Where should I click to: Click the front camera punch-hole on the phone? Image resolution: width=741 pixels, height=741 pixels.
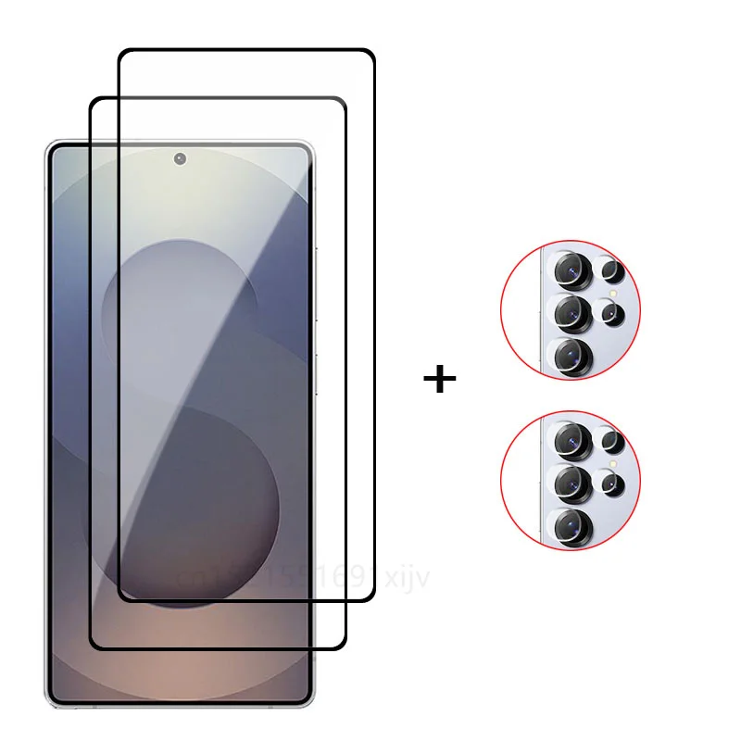click(180, 158)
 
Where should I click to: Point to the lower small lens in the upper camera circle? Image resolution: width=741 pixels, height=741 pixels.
click(611, 314)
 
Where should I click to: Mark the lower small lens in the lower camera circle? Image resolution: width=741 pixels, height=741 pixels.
click(611, 484)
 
